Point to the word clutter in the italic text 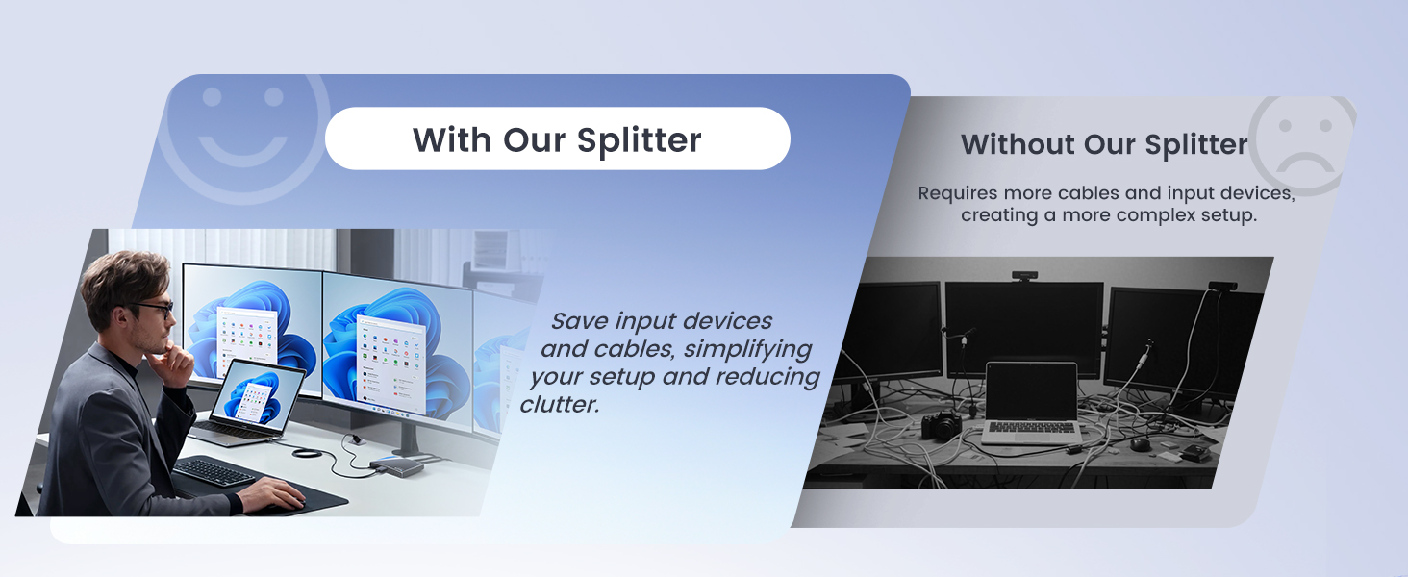(x=559, y=405)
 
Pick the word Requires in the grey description (x=957, y=193)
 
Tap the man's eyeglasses (x=154, y=309)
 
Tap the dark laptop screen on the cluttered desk (x=1031, y=391)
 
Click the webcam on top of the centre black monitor (x=1023, y=276)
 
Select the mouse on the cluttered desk (x=1140, y=444)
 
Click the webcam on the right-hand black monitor (x=1221, y=285)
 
